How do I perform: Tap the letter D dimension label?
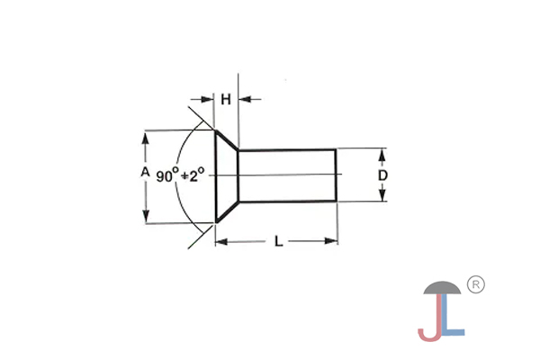(x=382, y=175)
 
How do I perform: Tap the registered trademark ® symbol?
(x=477, y=284)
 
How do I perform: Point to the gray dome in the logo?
(x=443, y=289)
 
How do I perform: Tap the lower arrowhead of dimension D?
(x=382, y=197)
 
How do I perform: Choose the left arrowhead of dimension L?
(x=220, y=241)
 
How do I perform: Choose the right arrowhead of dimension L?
(x=332, y=241)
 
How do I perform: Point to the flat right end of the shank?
(x=337, y=175)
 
